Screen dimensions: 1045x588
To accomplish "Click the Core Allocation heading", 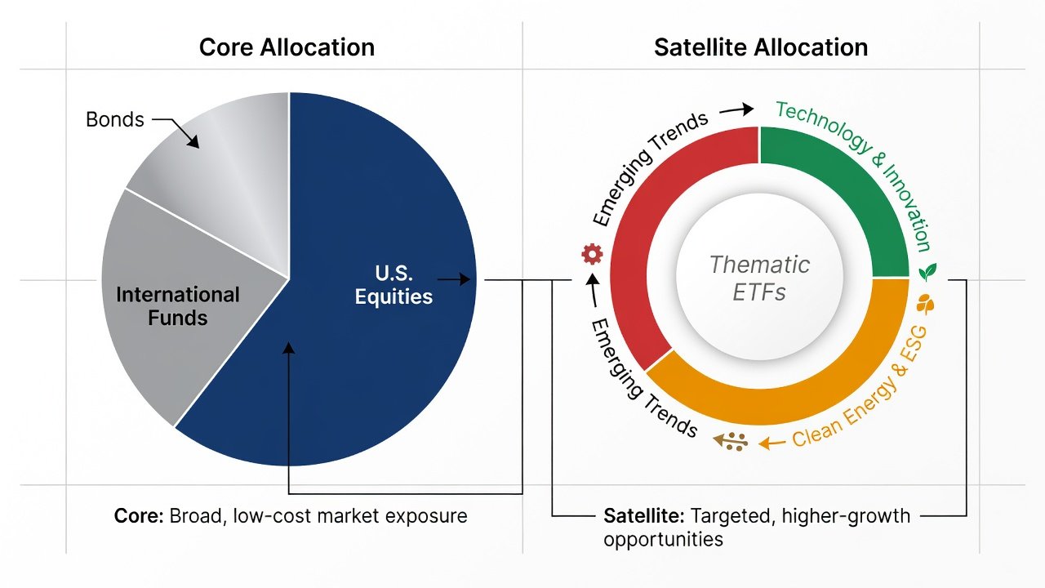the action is coord(287,47).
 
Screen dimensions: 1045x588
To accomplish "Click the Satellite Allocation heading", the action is coord(761,47).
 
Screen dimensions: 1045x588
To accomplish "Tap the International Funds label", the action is coord(178,306).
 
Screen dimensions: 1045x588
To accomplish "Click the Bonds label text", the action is coord(115,119).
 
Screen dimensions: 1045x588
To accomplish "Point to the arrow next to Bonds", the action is coord(176,131).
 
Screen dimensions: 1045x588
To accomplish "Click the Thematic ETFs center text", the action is coord(759,278).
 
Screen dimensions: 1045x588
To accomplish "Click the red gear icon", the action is coord(592,254).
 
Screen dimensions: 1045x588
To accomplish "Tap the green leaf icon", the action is coord(927,272).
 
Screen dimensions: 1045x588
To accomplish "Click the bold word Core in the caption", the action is coord(139,516).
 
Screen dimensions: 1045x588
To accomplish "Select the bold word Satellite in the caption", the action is coord(644,516).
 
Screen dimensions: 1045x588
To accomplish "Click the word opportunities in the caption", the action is coord(663,540).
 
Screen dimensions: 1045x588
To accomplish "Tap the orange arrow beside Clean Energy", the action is coord(772,443).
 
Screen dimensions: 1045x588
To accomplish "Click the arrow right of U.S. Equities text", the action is coord(453,279).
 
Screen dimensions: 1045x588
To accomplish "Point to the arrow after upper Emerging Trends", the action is coord(736,109).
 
